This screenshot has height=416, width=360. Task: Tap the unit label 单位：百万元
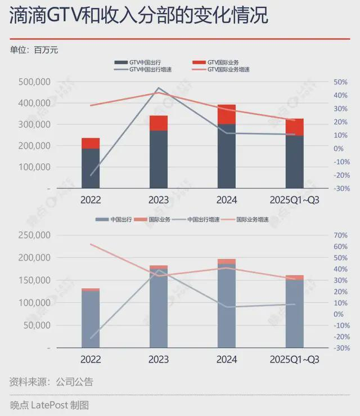click(34, 50)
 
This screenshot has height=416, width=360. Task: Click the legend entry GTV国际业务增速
click(228, 70)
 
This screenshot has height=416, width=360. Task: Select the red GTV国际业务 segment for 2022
click(91, 143)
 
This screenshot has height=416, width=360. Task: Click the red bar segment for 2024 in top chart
click(227, 114)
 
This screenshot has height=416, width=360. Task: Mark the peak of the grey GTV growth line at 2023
click(159, 88)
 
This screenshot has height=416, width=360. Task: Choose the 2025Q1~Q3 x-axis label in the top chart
click(294, 200)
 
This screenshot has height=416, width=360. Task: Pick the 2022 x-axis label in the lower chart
click(91, 359)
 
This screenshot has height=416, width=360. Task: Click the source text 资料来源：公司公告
click(51, 382)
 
